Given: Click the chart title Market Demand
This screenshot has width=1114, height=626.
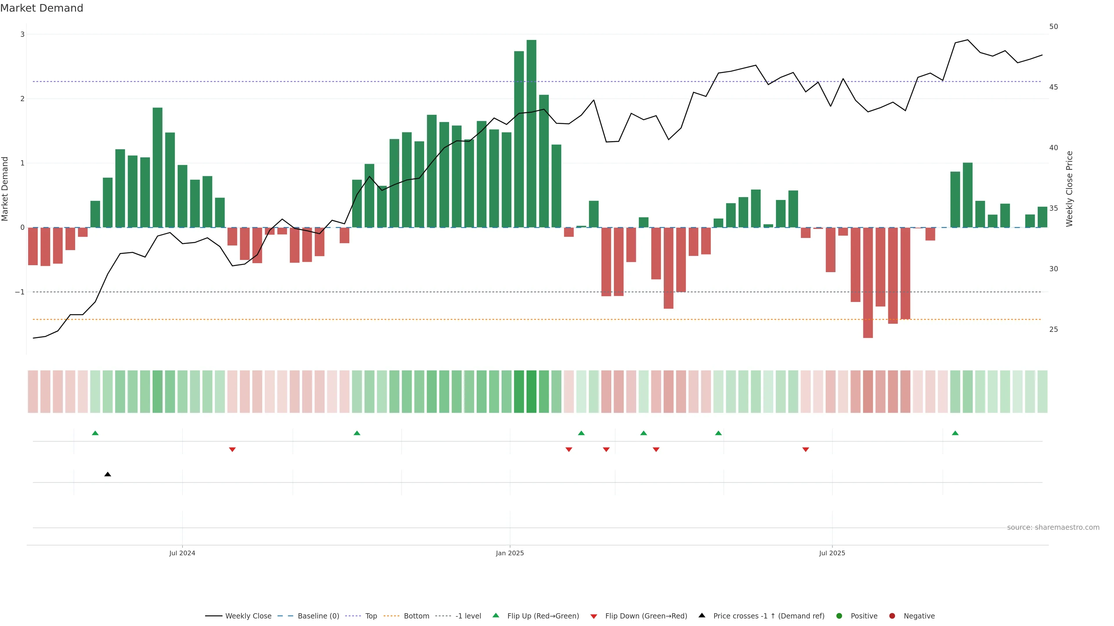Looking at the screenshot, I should click(41, 8).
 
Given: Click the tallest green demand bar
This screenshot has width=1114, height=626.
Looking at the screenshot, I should click(531, 134).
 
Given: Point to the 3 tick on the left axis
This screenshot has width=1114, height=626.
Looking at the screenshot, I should click(23, 34).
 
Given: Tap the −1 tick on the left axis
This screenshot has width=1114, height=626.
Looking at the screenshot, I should click(20, 292).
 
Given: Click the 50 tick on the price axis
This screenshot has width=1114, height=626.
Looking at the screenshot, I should click(1053, 27).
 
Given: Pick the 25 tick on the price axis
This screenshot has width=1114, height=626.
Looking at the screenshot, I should click(1053, 330).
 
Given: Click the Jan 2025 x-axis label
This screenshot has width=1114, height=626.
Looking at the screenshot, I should click(510, 553).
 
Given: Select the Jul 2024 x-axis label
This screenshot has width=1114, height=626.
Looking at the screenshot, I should click(182, 553).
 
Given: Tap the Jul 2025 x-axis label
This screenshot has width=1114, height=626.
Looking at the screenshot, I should click(832, 553).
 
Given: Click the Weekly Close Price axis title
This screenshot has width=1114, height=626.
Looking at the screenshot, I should click(1069, 189).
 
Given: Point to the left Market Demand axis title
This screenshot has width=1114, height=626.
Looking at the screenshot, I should click(5, 189).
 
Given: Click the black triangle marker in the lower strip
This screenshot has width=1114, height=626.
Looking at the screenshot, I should click(108, 474).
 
